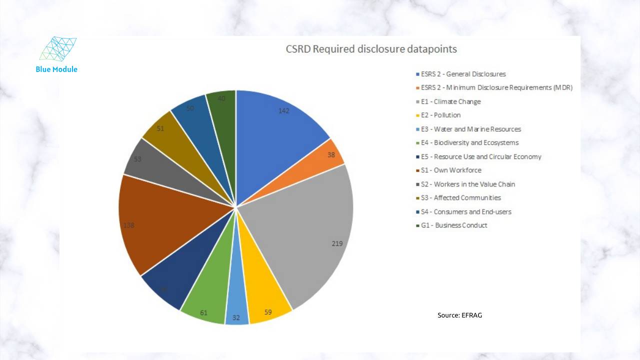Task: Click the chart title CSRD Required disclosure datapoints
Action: click(x=371, y=49)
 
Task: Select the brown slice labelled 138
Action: click(x=150, y=225)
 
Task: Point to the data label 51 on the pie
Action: click(x=160, y=128)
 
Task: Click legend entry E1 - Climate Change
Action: click(x=450, y=101)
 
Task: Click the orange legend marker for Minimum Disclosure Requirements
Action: click(x=417, y=88)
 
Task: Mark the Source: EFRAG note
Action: click(x=459, y=315)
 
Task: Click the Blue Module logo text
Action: click(x=56, y=69)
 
